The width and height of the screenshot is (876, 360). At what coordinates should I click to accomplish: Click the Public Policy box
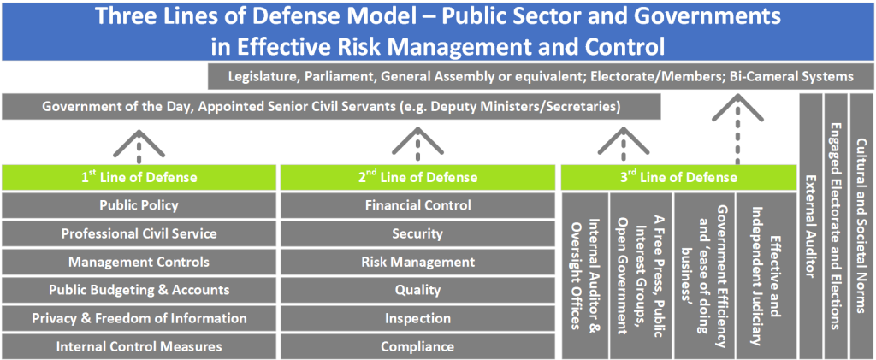coord(139,205)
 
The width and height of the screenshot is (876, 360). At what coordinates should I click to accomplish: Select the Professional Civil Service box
coord(139,233)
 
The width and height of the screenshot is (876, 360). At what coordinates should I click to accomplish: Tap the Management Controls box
coord(139,262)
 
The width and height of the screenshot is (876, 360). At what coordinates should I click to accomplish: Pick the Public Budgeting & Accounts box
coord(139,290)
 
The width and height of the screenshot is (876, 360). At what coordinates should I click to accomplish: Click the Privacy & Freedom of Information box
coord(139,318)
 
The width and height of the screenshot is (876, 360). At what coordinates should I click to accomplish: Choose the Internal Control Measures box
coord(139,346)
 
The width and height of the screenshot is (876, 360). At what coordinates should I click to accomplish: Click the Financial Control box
coord(417,205)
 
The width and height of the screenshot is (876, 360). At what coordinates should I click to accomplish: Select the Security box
coord(417,233)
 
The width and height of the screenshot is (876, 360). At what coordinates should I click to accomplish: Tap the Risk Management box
coord(417,262)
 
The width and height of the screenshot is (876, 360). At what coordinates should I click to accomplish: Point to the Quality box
coord(417,290)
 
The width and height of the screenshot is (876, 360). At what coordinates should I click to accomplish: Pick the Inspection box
coord(417,318)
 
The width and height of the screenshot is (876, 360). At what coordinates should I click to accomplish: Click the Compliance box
coord(417,346)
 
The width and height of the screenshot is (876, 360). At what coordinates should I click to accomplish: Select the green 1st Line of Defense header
coord(139,178)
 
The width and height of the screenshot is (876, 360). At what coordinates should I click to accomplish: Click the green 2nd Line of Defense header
coord(417,178)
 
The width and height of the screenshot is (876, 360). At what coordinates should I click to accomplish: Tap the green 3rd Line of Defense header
coord(678,178)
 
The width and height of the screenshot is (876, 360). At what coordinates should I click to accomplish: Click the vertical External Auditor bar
coord(811,227)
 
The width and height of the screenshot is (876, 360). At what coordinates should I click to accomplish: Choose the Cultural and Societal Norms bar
coord(861,227)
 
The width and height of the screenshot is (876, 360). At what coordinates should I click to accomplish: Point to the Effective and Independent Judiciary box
coord(766,275)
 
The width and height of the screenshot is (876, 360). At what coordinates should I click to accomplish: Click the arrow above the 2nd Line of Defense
coord(417,143)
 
